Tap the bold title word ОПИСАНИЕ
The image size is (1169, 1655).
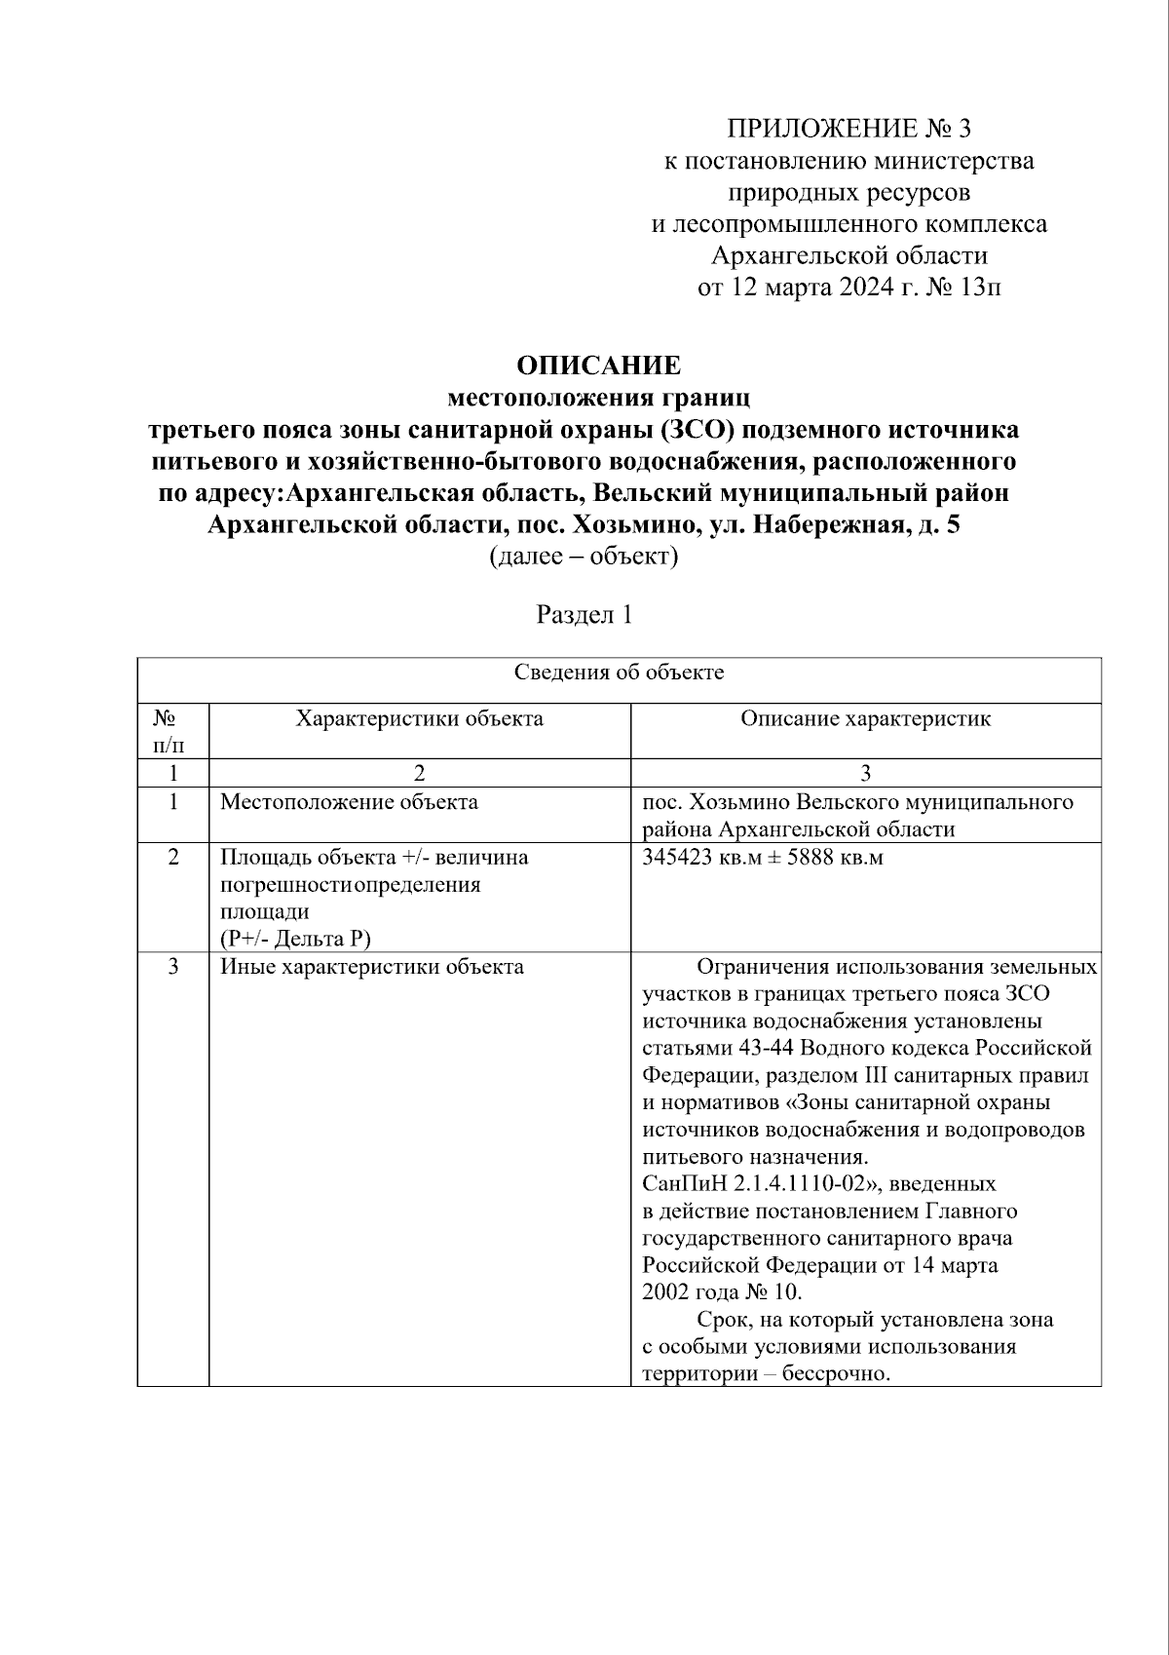(x=598, y=366)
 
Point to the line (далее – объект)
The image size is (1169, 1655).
(x=584, y=558)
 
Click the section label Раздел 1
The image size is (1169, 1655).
(x=584, y=615)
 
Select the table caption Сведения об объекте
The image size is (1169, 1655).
(x=619, y=673)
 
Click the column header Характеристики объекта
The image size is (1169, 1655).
(x=420, y=719)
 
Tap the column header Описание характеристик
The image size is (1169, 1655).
(x=865, y=719)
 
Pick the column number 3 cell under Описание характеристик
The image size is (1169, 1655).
(x=865, y=774)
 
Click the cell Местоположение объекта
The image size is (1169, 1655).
(x=349, y=802)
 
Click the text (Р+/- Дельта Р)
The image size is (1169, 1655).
(x=295, y=939)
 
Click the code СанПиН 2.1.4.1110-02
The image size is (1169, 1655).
(x=745, y=1184)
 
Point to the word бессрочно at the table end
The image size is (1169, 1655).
(x=842, y=1374)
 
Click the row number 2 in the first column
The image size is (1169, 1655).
(x=173, y=858)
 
